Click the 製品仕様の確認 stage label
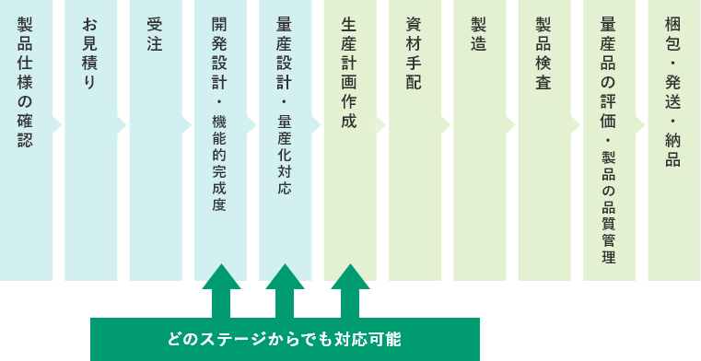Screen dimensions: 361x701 pos(25,81)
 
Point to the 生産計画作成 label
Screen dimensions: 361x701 pos(349,73)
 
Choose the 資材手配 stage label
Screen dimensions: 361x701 pos(414,52)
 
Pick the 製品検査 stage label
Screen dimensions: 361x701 pos(543,52)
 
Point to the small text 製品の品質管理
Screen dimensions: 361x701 pos(608,206)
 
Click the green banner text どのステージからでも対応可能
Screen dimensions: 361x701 pos(285,338)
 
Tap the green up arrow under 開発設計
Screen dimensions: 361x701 pos(220,289)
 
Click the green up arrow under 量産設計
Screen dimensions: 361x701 pos(285,289)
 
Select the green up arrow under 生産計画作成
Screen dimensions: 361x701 pos(349,289)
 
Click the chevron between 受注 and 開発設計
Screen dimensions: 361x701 pos(187,124)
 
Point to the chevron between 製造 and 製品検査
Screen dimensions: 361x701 pos(511,124)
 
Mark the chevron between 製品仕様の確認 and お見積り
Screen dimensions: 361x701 pos(57,124)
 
